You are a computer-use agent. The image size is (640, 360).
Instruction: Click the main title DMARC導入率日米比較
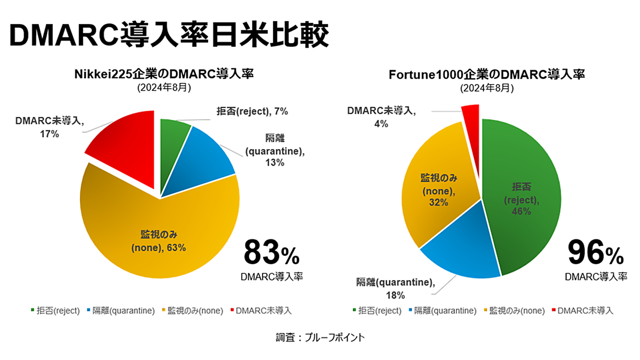169,35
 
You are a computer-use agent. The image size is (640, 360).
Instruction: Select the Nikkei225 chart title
164,74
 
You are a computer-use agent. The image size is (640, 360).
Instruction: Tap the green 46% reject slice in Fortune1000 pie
523,200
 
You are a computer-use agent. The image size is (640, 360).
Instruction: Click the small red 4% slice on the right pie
471,114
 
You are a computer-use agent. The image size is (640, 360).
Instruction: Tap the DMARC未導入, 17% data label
49,127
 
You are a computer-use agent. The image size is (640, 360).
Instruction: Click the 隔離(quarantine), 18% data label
395,289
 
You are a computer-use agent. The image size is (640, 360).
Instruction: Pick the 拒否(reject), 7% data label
246,111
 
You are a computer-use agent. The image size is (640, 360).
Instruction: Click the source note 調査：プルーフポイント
320,337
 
